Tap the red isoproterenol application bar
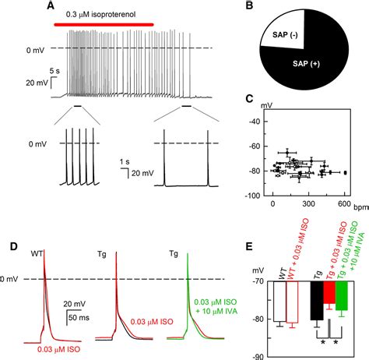(x=104, y=24)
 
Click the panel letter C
(x=248, y=101)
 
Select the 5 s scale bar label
(x=58, y=72)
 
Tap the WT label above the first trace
(x=37, y=253)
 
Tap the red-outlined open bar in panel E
(x=293, y=300)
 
